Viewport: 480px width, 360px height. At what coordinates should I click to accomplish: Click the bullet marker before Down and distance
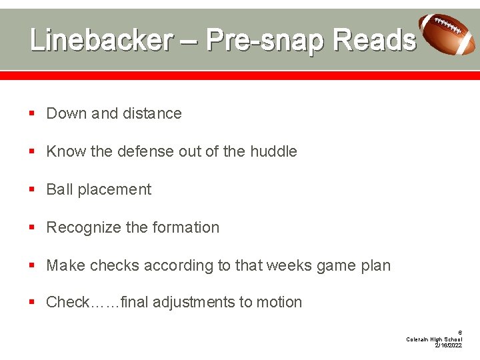32,114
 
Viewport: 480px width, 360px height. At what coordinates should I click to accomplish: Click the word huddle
273,151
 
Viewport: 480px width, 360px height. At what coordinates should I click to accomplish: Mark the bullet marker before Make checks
32,266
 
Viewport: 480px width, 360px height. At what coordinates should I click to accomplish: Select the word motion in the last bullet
279,302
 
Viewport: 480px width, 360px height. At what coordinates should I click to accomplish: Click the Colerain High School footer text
434,339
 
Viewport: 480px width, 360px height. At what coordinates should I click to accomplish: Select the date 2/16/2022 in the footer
448,345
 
